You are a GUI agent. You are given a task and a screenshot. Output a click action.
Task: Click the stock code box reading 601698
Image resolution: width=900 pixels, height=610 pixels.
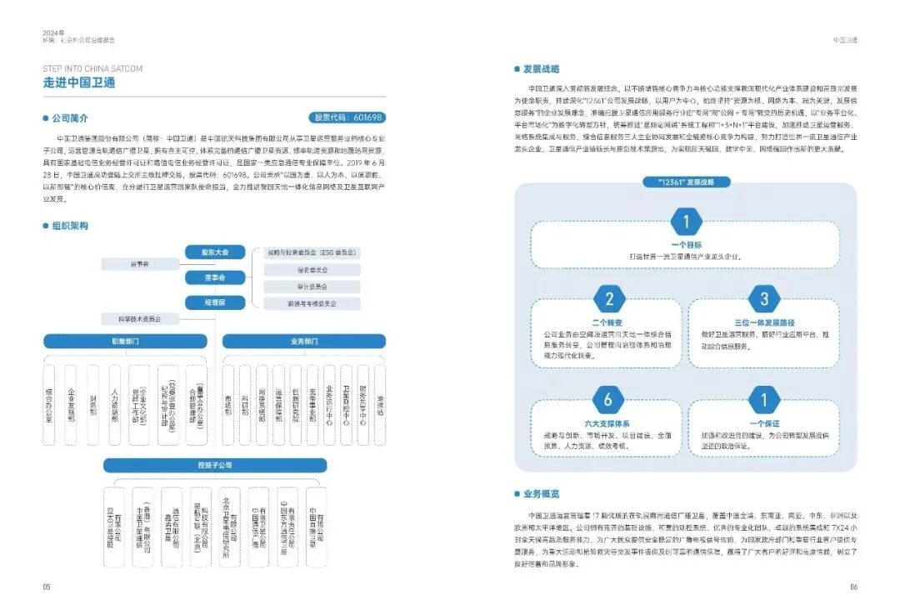[347, 117]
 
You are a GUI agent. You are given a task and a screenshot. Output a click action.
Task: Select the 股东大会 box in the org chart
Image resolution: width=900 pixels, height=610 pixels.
[215, 252]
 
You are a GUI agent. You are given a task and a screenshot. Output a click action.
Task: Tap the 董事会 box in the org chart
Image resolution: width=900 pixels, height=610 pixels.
[215, 277]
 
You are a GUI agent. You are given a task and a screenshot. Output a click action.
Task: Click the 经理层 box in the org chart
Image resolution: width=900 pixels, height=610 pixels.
[215, 302]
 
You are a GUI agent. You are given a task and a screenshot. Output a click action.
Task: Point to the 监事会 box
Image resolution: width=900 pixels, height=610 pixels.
[139, 264]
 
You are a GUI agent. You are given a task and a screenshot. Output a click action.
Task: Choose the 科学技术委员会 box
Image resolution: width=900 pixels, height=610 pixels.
[139, 318]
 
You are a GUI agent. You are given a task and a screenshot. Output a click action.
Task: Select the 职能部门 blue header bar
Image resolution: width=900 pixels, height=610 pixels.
[125, 342]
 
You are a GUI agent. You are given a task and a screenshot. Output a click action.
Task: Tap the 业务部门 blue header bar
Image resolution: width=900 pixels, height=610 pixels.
[305, 342]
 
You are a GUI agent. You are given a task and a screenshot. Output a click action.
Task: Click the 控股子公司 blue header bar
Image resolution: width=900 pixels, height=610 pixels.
[215, 464]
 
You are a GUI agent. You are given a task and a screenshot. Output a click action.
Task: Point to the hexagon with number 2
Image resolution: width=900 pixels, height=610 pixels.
[610, 299]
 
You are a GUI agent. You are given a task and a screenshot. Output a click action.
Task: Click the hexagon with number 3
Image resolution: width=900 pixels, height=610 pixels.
[764, 299]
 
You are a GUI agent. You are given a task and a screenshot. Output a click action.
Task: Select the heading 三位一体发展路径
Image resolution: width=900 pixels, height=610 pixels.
[764, 322]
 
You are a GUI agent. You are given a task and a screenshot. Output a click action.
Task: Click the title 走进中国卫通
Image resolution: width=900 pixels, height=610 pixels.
[79, 82]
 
